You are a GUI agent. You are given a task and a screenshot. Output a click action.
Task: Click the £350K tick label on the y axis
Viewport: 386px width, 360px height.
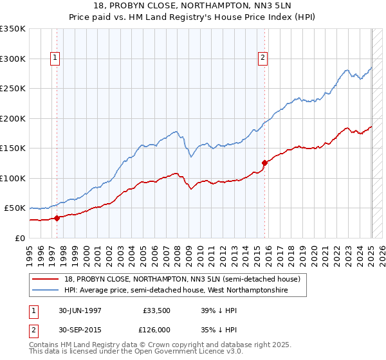[13, 29]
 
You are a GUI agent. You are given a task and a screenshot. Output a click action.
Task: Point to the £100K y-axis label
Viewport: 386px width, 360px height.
[13, 178]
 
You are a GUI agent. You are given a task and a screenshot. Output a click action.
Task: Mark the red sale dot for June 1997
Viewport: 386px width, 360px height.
[57, 218]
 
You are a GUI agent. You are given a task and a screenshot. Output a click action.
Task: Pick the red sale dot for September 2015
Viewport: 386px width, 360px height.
[264, 163]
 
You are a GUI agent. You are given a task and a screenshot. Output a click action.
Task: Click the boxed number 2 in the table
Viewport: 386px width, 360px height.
[32, 330]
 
